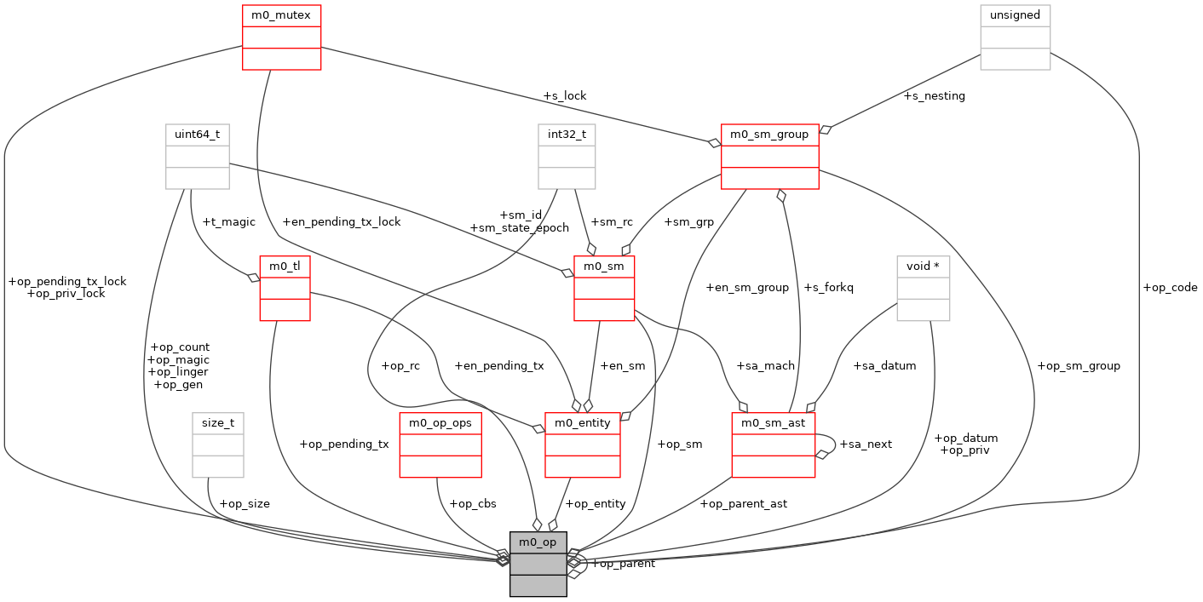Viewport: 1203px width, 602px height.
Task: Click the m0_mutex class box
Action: pos(281,37)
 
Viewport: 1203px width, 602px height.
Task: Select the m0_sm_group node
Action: pos(769,156)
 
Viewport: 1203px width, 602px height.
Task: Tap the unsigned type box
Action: pos(1015,37)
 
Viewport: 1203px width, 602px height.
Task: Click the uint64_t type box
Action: pos(197,156)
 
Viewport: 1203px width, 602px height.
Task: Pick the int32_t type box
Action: pos(567,156)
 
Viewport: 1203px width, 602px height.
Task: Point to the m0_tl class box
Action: pos(285,289)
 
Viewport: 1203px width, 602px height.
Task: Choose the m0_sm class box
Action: pos(604,289)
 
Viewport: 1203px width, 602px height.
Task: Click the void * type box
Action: pos(923,289)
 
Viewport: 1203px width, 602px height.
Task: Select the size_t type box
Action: pos(218,444)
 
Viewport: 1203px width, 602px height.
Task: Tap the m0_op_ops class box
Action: pos(440,444)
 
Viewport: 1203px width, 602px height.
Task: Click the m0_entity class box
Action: pos(582,444)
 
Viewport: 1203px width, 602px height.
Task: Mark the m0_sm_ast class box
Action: pos(774,444)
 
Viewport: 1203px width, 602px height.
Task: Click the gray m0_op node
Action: pos(538,564)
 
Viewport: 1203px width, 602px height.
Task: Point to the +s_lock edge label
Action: pos(564,96)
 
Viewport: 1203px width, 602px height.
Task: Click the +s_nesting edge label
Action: pos(934,96)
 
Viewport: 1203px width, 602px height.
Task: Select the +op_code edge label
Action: pos(1170,288)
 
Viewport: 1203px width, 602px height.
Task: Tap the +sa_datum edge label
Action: pos(884,366)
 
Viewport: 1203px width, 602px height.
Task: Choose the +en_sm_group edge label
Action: pos(747,288)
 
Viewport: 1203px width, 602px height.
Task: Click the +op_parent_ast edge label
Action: pos(743,504)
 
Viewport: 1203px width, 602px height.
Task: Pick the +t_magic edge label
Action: pos(228,222)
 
